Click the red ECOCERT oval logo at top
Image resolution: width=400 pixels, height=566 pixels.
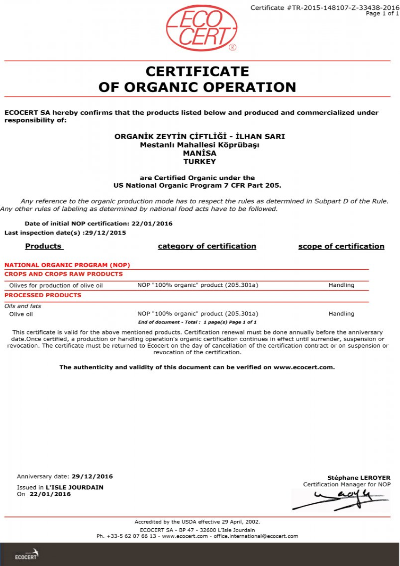pyautogui.click(x=201, y=28)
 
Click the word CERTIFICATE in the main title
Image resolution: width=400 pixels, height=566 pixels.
pyautogui.click(x=197, y=71)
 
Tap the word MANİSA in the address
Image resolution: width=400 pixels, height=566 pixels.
pyautogui.click(x=200, y=153)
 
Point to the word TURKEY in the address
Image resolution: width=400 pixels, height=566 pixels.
pyautogui.click(x=200, y=161)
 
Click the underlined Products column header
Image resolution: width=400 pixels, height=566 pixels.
pyautogui.click(x=44, y=246)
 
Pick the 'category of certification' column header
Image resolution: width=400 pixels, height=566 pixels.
pyautogui.click(x=207, y=246)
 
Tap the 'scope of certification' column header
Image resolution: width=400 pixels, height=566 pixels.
pyautogui.click(x=341, y=246)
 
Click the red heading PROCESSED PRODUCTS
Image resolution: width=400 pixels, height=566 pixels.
pyautogui.click(x=43, y=295)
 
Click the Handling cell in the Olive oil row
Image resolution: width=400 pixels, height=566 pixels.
pyautogui.click(x=341, y=314)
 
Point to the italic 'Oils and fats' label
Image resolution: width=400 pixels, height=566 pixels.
pyautogui.click(x=23, y=306)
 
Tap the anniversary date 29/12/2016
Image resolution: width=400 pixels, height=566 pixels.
pyautogui.click(x=92, y=476)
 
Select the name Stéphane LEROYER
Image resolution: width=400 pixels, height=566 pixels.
pyautogui.click(x=358, y=478)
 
